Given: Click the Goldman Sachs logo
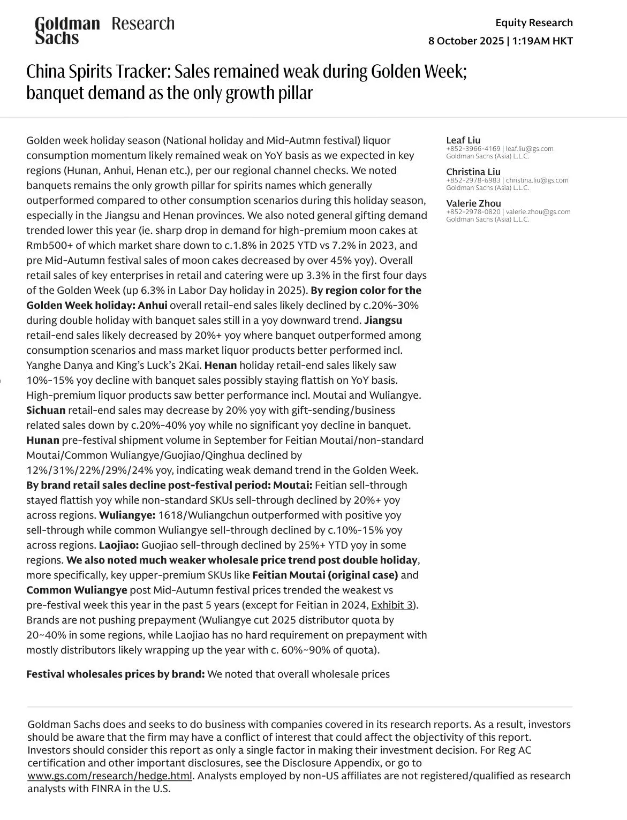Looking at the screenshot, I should tap(67, 30).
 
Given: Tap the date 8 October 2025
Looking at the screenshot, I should tap(466, 41).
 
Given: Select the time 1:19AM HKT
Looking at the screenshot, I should tap(542, 41).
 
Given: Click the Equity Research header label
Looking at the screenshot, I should tap(534, 22).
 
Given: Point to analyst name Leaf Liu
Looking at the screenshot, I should tap(463, 140).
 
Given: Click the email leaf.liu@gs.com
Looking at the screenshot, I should tap(530, 149).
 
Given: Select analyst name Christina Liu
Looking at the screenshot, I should tap(473, 172).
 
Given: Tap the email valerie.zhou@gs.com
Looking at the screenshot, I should tap(538, 212).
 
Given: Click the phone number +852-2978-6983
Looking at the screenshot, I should tap(473, 180).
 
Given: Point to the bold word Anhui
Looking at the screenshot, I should tap(153, 306).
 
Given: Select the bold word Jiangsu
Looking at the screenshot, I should tap(383, 321).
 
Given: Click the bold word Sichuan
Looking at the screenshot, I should tap(46, 411).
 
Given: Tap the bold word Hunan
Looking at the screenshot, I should tap(43, 441).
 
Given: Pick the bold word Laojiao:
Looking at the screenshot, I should tap(119, 545).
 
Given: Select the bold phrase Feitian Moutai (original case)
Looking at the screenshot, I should tap(325, 575).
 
